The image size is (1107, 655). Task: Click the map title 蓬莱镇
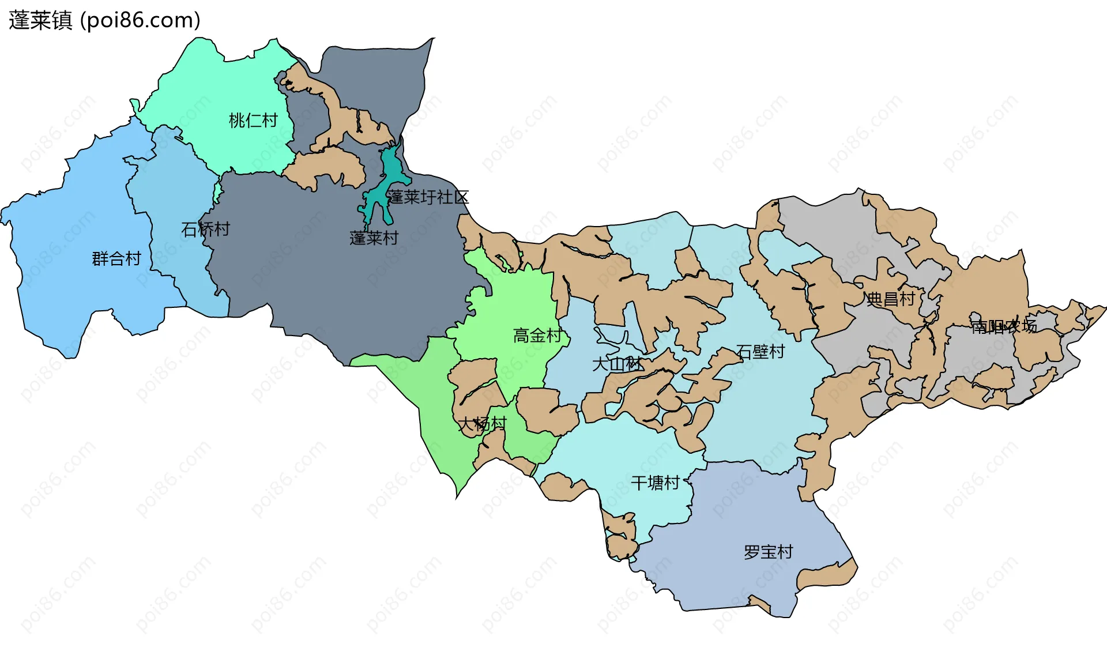(40, 20)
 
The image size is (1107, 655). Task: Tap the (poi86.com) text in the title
(140, 20)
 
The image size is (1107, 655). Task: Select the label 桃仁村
(253, 121)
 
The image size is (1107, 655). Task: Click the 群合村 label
(116, 259)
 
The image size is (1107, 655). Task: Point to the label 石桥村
(205, 229)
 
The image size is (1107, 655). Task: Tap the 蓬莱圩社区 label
(427, 197)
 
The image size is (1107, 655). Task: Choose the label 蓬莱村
(374, 238)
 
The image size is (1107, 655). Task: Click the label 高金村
(537, 336)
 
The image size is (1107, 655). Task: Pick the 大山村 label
(616, 364)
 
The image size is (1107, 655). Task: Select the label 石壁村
(760, 352)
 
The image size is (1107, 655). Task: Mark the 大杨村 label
(482, 424)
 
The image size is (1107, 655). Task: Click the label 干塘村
(655, 483)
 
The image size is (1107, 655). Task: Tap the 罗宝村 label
(768, 552)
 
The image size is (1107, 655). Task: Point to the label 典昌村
(891, 299)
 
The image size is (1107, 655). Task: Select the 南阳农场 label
(1003, 327)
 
